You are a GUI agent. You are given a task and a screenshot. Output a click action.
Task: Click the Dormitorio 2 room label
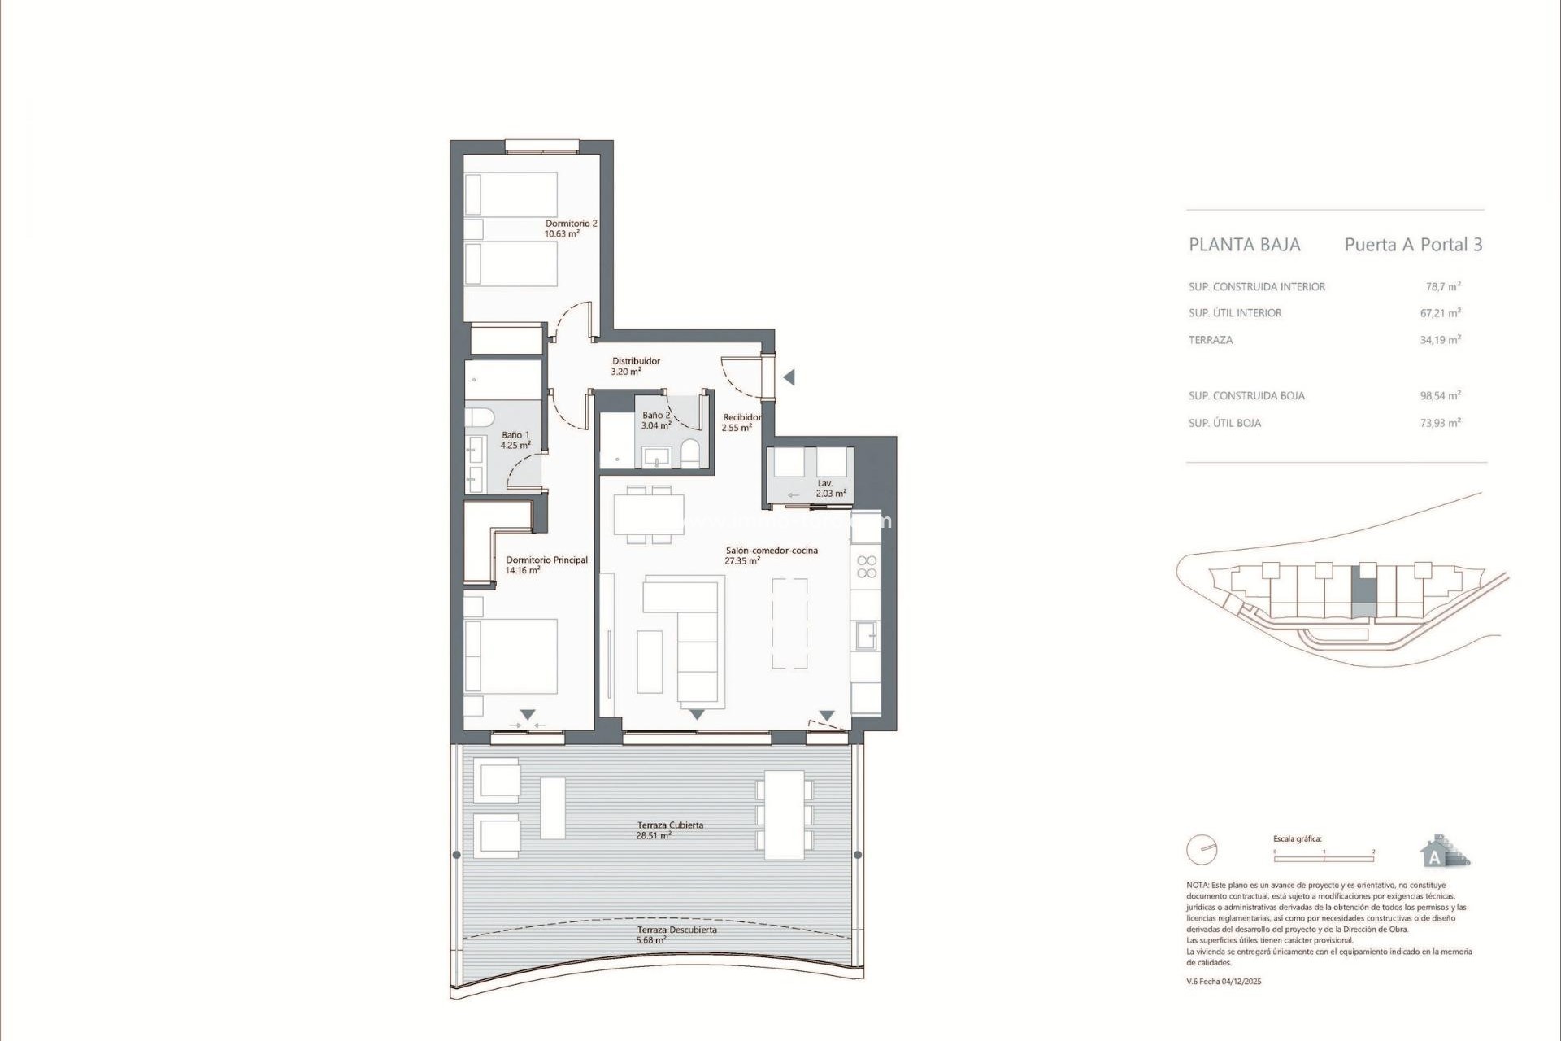571,229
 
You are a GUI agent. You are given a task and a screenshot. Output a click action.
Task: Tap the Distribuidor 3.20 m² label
635,366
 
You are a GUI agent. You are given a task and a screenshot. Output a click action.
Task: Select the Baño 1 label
515,440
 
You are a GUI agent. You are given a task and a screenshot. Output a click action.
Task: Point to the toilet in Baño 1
480,418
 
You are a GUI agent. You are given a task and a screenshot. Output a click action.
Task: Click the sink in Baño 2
655,457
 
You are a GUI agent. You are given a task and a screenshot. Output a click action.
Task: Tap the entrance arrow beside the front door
788,377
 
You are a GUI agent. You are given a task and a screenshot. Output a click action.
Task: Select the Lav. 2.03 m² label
830,488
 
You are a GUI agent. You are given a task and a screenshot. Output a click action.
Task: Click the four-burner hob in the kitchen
867,567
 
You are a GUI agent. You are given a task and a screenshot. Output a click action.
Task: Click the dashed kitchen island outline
789,623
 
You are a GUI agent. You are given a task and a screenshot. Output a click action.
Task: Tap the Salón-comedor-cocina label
771,555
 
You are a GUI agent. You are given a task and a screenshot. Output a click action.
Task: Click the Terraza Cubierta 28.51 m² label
670,830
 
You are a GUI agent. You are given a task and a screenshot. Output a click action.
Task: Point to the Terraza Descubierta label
676,934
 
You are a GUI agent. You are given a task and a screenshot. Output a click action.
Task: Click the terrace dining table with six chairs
785,815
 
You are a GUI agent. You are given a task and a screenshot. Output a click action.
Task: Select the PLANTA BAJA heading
1244,245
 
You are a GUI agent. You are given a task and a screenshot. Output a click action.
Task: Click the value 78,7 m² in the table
1442,286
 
